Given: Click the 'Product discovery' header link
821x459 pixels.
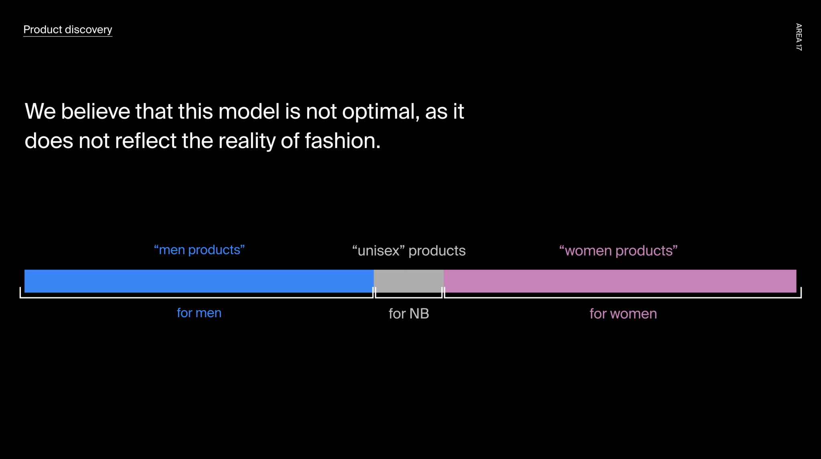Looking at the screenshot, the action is point(68,30).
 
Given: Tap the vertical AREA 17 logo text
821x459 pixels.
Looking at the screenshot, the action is point(799,37).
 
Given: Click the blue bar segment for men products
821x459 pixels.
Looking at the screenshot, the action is point(199,281).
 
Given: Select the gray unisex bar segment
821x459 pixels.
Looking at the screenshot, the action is point(408,281).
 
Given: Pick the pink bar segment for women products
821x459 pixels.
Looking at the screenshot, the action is point(620,281).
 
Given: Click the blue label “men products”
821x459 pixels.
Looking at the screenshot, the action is point(199,250).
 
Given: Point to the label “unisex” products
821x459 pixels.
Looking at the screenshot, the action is point(408,251).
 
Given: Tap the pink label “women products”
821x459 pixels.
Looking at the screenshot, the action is point(618,251).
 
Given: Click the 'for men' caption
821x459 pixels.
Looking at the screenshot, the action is point(199,313).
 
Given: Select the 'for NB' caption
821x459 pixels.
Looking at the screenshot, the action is point(409,314).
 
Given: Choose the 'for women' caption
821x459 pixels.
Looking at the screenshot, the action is point(623,314).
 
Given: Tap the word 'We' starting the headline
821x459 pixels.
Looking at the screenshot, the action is point(40,111).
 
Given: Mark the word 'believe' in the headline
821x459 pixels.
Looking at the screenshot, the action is point(95,111).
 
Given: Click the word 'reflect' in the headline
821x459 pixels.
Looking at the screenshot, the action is point(146,141).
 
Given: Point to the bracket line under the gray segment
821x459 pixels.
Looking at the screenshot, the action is point(408,297).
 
